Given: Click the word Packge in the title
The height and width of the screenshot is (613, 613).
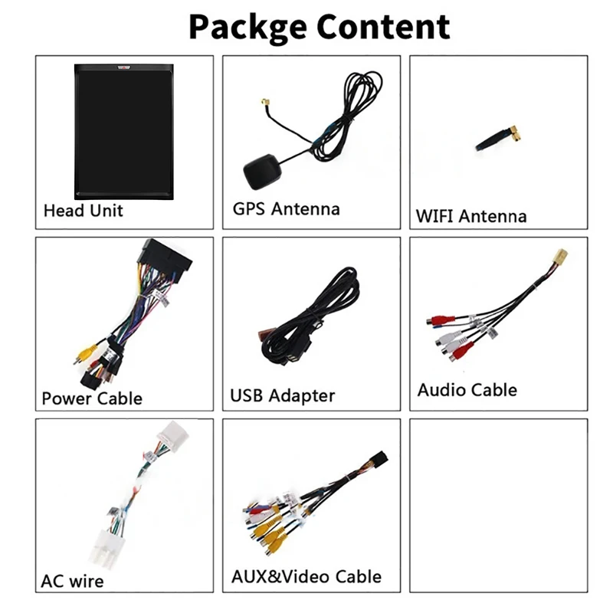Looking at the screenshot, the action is pos(247,27).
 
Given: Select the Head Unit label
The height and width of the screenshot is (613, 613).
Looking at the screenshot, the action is pos(83,210).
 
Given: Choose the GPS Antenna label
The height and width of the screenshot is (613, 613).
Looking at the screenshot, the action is pos(286,208).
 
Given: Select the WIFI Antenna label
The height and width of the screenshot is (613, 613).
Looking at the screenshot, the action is pos(471,216).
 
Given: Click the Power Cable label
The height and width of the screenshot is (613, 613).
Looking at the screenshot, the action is pos(92,398).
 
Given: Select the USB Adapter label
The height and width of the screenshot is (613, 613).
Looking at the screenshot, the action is pos(283,396).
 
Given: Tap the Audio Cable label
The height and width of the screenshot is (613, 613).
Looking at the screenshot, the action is pos(467,390).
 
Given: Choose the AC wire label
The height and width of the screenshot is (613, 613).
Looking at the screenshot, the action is pos(72,581).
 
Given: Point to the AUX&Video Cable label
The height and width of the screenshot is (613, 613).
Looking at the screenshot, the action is pos(306,577).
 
